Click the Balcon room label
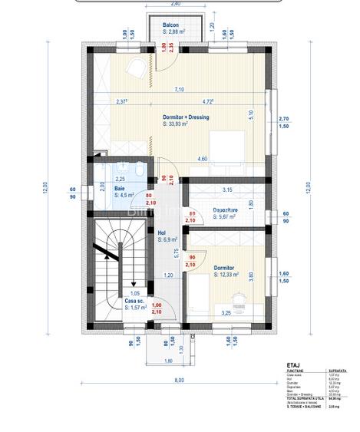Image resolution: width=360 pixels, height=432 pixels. point(171,25)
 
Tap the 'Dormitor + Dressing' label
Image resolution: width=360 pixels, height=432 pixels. point(186,117)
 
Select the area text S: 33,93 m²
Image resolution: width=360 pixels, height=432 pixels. point(181,124)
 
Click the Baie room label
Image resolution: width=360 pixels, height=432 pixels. point(120,188)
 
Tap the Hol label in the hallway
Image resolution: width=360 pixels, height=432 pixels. point(162,232)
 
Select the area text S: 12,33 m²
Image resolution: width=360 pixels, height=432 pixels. point(228,275)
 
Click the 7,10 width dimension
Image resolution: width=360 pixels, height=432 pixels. point(178,90)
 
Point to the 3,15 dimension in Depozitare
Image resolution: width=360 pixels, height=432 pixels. point(226,190)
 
